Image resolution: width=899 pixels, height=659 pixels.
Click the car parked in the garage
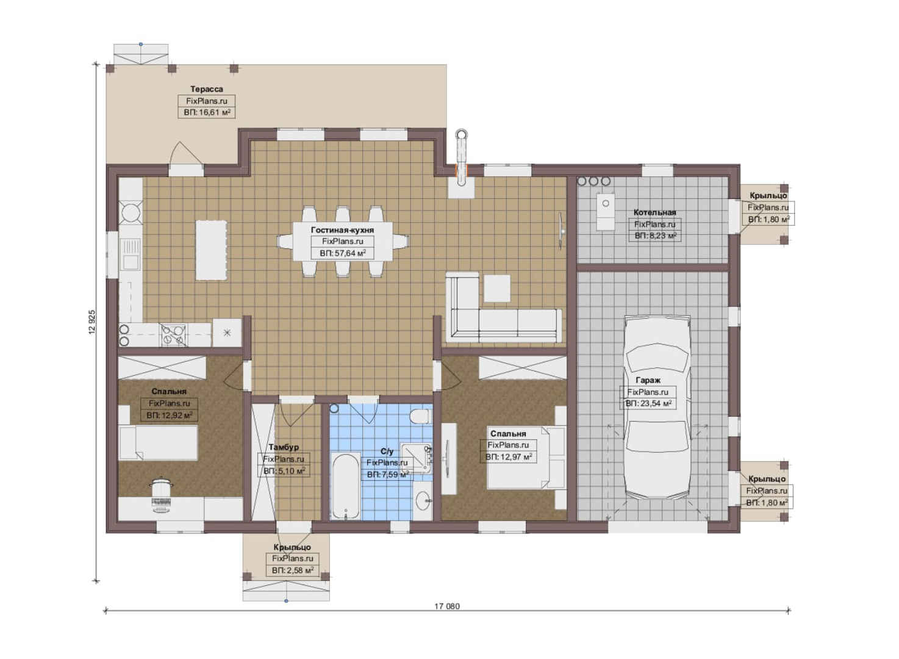click(658, 408)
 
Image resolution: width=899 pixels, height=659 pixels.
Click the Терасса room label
click(206, 89)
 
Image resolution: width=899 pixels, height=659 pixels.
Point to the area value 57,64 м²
click(343, 253)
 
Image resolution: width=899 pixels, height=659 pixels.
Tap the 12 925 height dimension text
click(92, 322)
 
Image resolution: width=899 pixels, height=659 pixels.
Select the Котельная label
click(654, 212)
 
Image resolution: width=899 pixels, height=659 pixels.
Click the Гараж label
click(648, 380)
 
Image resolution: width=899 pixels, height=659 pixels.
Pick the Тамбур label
click(284, 447)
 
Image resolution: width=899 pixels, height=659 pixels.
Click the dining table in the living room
click(343, 242)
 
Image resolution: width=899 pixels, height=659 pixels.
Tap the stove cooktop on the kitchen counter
click(173, 335)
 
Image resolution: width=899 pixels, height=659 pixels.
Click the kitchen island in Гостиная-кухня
click(210, 250)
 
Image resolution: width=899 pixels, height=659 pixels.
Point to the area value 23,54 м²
click(648, 403)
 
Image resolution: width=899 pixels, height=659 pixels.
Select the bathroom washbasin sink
click(422, 501)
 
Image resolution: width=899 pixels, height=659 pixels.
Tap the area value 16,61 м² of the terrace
click(207, 112)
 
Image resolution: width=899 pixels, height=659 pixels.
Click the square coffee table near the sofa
click(497, 288)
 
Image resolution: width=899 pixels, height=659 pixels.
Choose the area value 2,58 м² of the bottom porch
click(293, 571)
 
